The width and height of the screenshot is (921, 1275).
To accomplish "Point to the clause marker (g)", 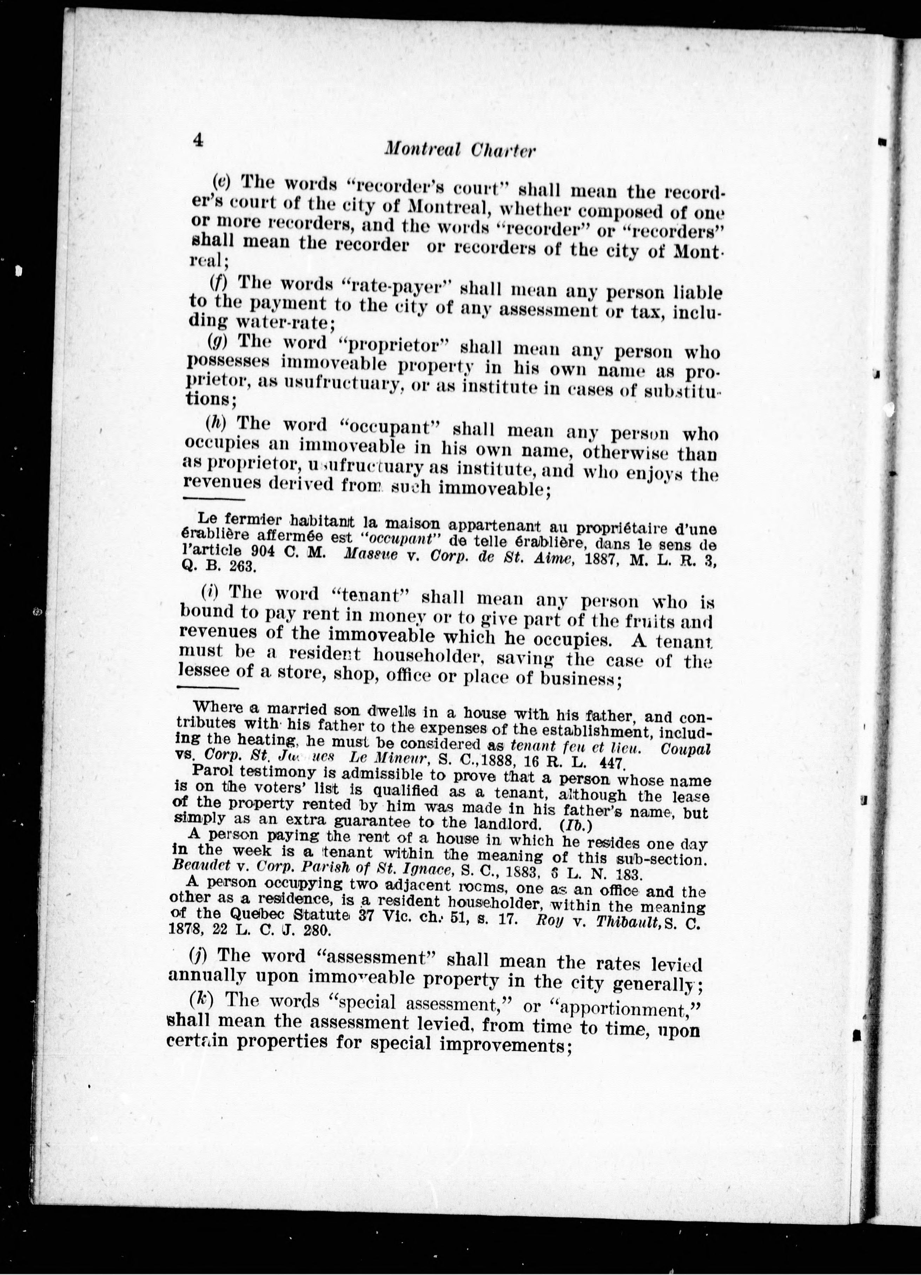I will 214,341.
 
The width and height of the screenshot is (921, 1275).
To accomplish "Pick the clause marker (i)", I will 208,592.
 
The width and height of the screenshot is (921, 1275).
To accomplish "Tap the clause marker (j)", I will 196,954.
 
